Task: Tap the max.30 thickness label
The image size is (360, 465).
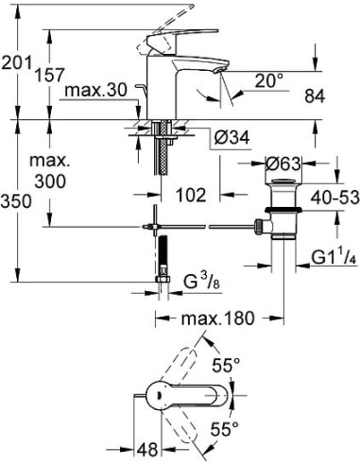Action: point(94,92)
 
